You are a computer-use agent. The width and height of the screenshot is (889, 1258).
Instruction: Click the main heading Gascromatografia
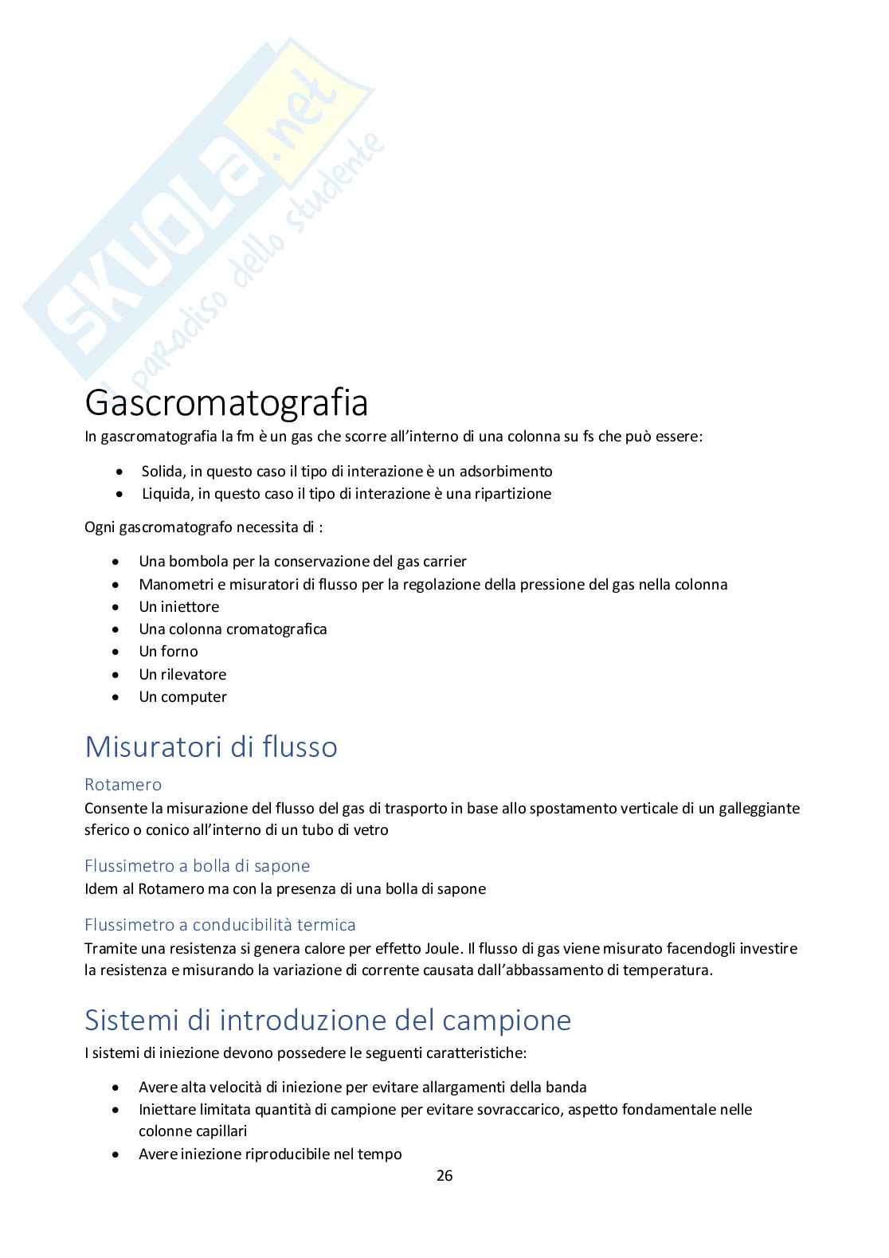pyautogui.click(x=226, y=403)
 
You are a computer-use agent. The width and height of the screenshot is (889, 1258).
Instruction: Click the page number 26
pyautogui.click(x=444, y=1175)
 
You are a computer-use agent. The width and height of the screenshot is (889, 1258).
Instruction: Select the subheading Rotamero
pyautogui.click(x=123, y=785)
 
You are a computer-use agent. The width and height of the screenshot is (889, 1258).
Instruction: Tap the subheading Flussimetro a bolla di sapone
pyautogui.click(x=198, y=865)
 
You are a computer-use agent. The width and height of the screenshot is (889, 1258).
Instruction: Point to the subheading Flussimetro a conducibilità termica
pyautogui.click(x=220, y=925)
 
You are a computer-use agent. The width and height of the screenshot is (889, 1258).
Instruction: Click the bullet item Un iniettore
pyautogui.click(x=179, y=606)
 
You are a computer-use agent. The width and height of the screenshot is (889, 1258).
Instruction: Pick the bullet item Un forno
pyautogui.click(x=168, y=651)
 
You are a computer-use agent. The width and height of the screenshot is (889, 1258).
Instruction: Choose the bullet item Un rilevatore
pyautogui.click(x=182, y=674)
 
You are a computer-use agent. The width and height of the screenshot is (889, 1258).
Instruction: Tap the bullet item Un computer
pyautogui.click(x=182, y=696)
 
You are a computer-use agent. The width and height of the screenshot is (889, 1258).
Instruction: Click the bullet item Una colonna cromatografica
pyautogui.click(x=233, y=629)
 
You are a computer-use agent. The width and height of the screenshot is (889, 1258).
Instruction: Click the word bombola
pyautogui.click(x=196, y=561)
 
